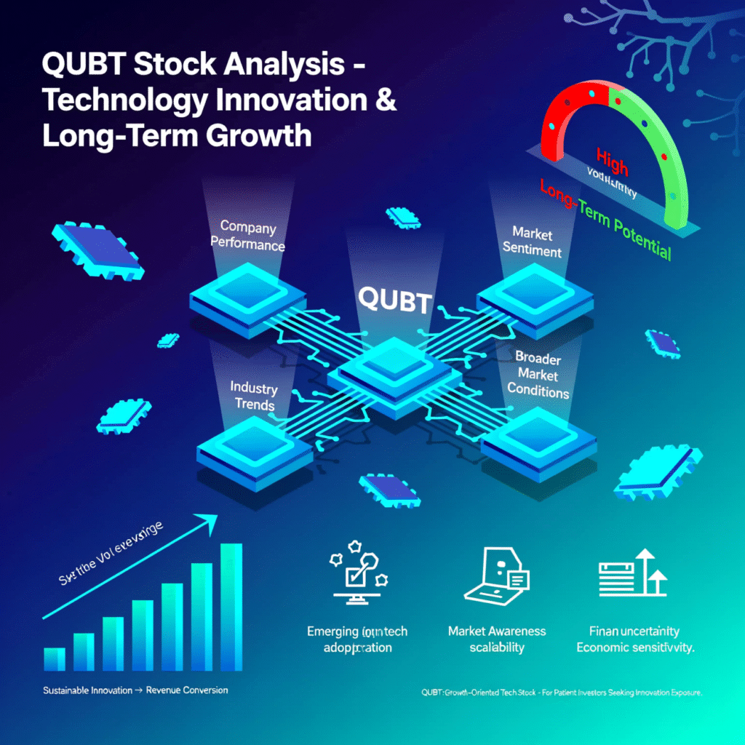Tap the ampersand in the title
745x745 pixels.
point(385,100)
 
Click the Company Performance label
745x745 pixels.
point(248,236)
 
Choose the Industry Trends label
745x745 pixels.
point(252,394)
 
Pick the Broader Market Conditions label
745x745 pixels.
point(538,373)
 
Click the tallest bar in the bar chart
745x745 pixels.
point(231,606)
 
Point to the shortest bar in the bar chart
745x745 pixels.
point(55,658)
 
